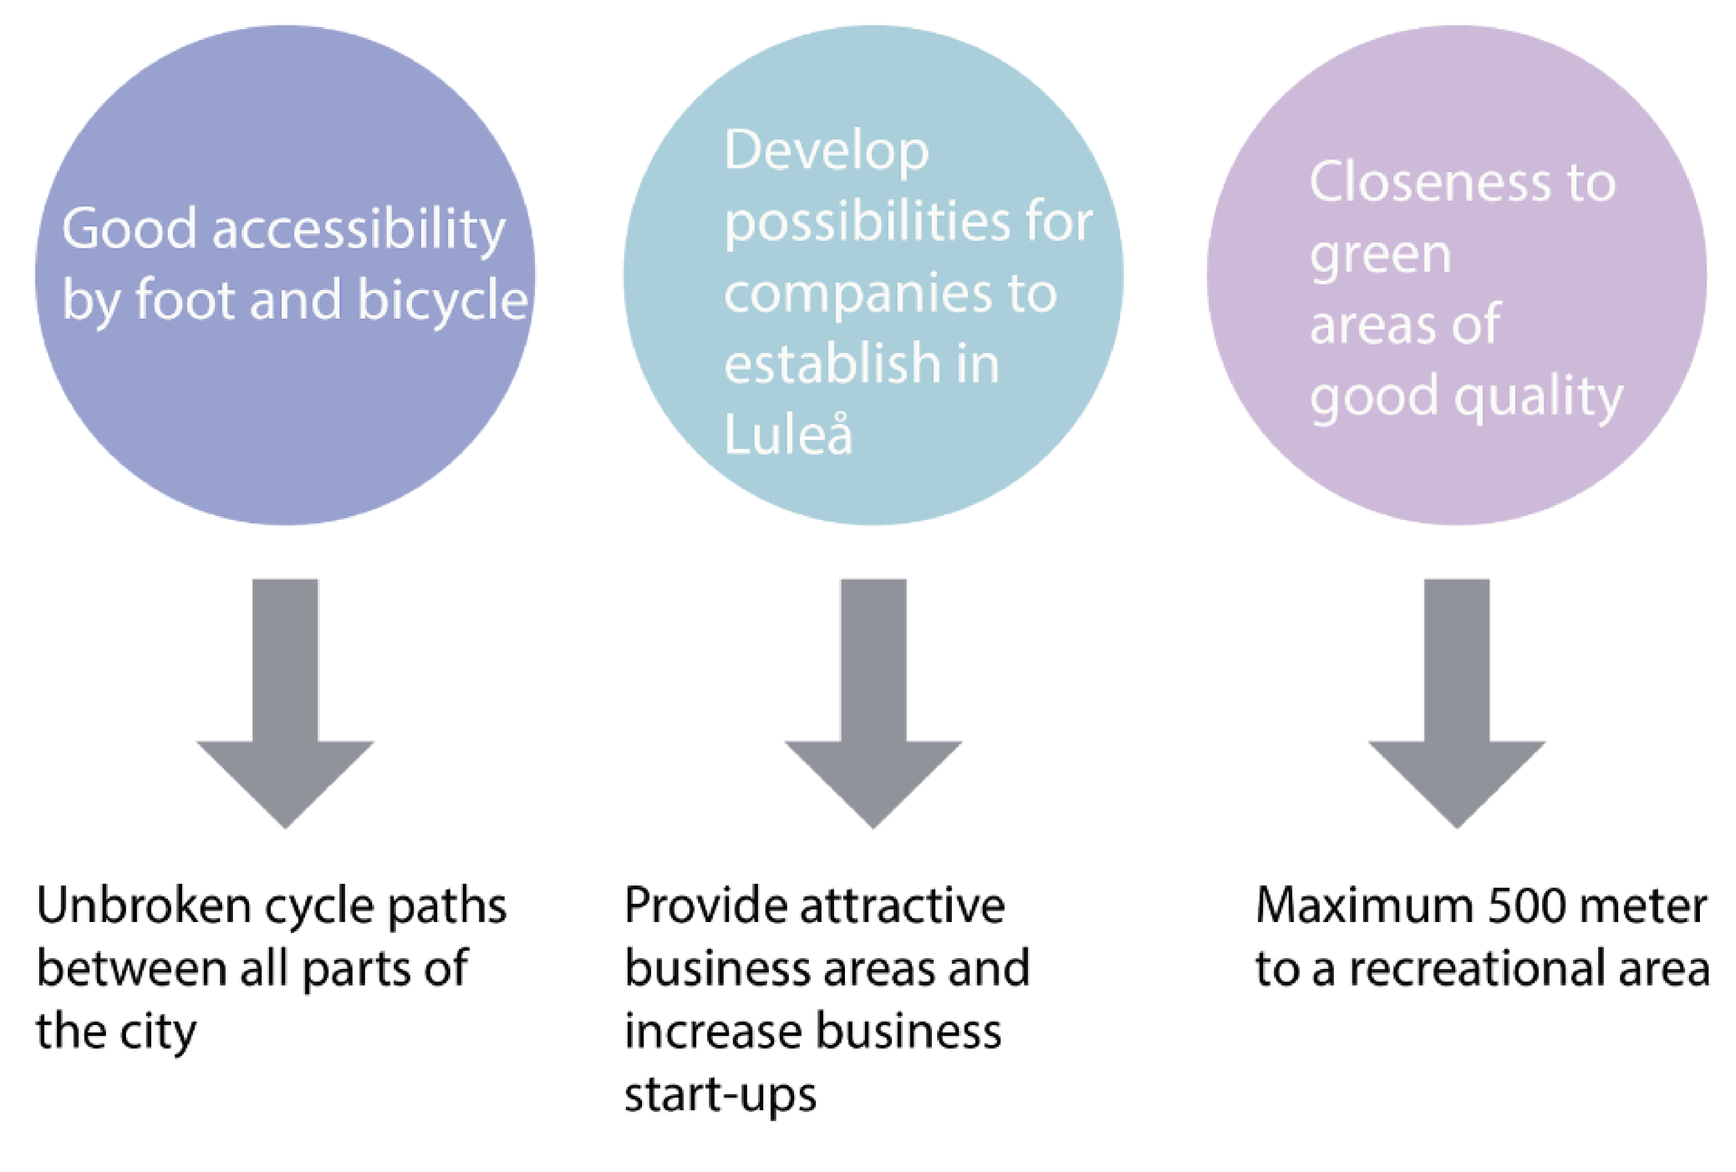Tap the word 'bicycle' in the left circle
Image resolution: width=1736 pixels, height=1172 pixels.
pos(442,301)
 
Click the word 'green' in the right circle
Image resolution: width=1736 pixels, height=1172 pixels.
pos(1380,256)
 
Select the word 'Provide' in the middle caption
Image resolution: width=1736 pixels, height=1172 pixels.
pos(706,906)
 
